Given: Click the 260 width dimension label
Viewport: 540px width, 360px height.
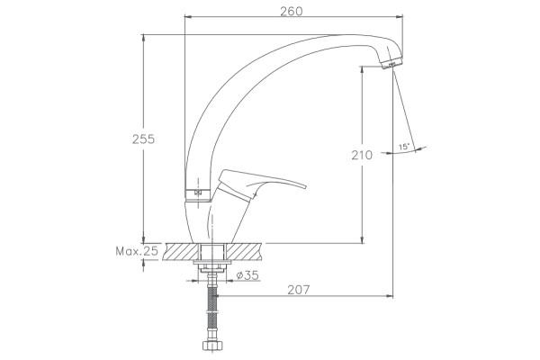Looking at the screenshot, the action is point(292,12).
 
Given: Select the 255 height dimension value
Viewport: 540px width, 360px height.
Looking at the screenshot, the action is point(144,139).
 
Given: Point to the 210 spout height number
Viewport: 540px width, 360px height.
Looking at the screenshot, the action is point(362,156).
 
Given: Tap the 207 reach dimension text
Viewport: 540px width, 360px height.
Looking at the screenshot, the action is point(299,290).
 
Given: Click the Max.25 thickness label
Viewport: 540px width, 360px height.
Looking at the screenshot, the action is point(137,251).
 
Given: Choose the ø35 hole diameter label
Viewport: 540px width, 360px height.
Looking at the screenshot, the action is point(247,275).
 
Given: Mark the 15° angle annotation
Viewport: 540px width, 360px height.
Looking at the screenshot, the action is point(404,147).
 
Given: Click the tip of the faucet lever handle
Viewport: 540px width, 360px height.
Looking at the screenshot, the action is point(305,187).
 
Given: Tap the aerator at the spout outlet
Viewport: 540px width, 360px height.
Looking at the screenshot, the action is point(391,65).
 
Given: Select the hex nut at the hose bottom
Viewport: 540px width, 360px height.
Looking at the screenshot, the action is point(212,345).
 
